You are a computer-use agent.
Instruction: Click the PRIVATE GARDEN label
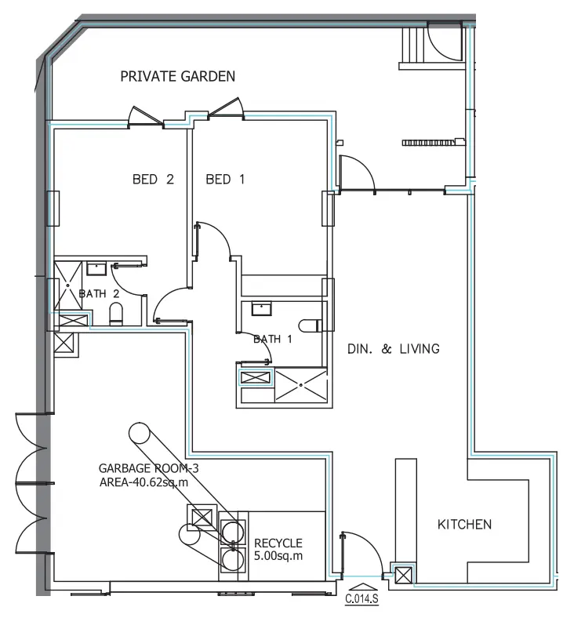coord(177,76)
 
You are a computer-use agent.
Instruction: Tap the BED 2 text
coord(152,180)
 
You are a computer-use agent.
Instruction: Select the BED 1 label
coord(225,180)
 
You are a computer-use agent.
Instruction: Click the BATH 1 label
coord(272,339)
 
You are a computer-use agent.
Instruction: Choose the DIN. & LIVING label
coord(393,348)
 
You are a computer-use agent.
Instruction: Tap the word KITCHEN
coord(464,524)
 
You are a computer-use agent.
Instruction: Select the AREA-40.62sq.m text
coord(143,482)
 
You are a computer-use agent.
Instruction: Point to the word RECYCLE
coord(278,543)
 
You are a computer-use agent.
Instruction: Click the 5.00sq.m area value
coord(278,556)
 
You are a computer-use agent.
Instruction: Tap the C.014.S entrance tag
coord(362,601)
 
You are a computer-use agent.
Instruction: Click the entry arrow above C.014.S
coord(361,587)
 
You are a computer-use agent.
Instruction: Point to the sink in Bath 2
coord(96,270)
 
